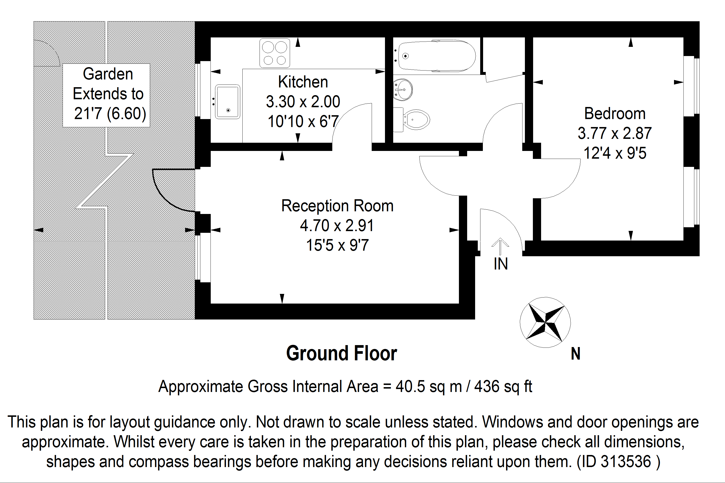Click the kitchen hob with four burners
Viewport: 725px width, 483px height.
pyautogui.click(x=274, y=53)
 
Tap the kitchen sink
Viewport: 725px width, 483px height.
pyautogui.click(x=227, y=102)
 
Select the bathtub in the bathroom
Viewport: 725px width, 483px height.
pyautogui.click(x=437, y=56)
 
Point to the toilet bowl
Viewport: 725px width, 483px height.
pyautogui.click(x=417, y=120)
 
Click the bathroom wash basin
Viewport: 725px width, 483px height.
pyautogui.click(x=403, y=90)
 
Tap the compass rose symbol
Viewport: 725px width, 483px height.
pyautogui.click(x=545, y=322)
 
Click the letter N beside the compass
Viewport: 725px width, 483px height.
pyautogui.click(x=575, y=354)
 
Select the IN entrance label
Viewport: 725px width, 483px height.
pyautogui.click(x=500, y=264)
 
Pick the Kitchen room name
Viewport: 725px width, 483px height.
pyautogui.click(x=303, y=82)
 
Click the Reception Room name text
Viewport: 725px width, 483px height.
pyautogui.click(x=337, y=206)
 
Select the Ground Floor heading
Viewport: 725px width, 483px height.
pyautogui.click(x=341, y=353)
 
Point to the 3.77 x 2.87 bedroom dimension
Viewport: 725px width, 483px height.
pyautogui.click(x=615, y=133)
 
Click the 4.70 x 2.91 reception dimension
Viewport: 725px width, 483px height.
pyautogui.click(x=337, y=226)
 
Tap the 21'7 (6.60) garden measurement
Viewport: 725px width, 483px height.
pyautogui.click(x=110, y=113)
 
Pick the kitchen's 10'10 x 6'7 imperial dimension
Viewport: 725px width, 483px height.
pyautogui.click(x=303, y=121)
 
